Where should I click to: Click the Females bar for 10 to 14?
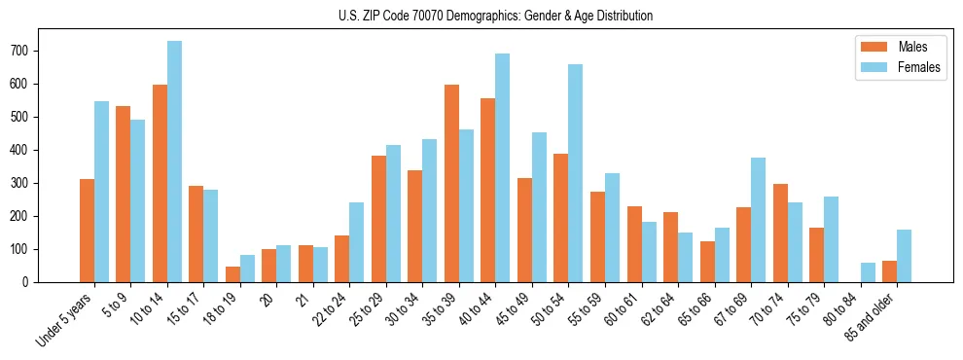pyautogui.click(x=174, y=162)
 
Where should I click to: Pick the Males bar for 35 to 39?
pyautogui.click(x=451, y=184)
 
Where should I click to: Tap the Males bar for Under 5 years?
pyautogui.click(x=87, y=231)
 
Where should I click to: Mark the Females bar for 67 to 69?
pyautogui.click(x=758, y=220)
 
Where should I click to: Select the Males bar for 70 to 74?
pyautogui.click(x=780, y=234)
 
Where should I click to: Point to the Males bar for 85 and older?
pyautogui.click(x=889, y=271)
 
